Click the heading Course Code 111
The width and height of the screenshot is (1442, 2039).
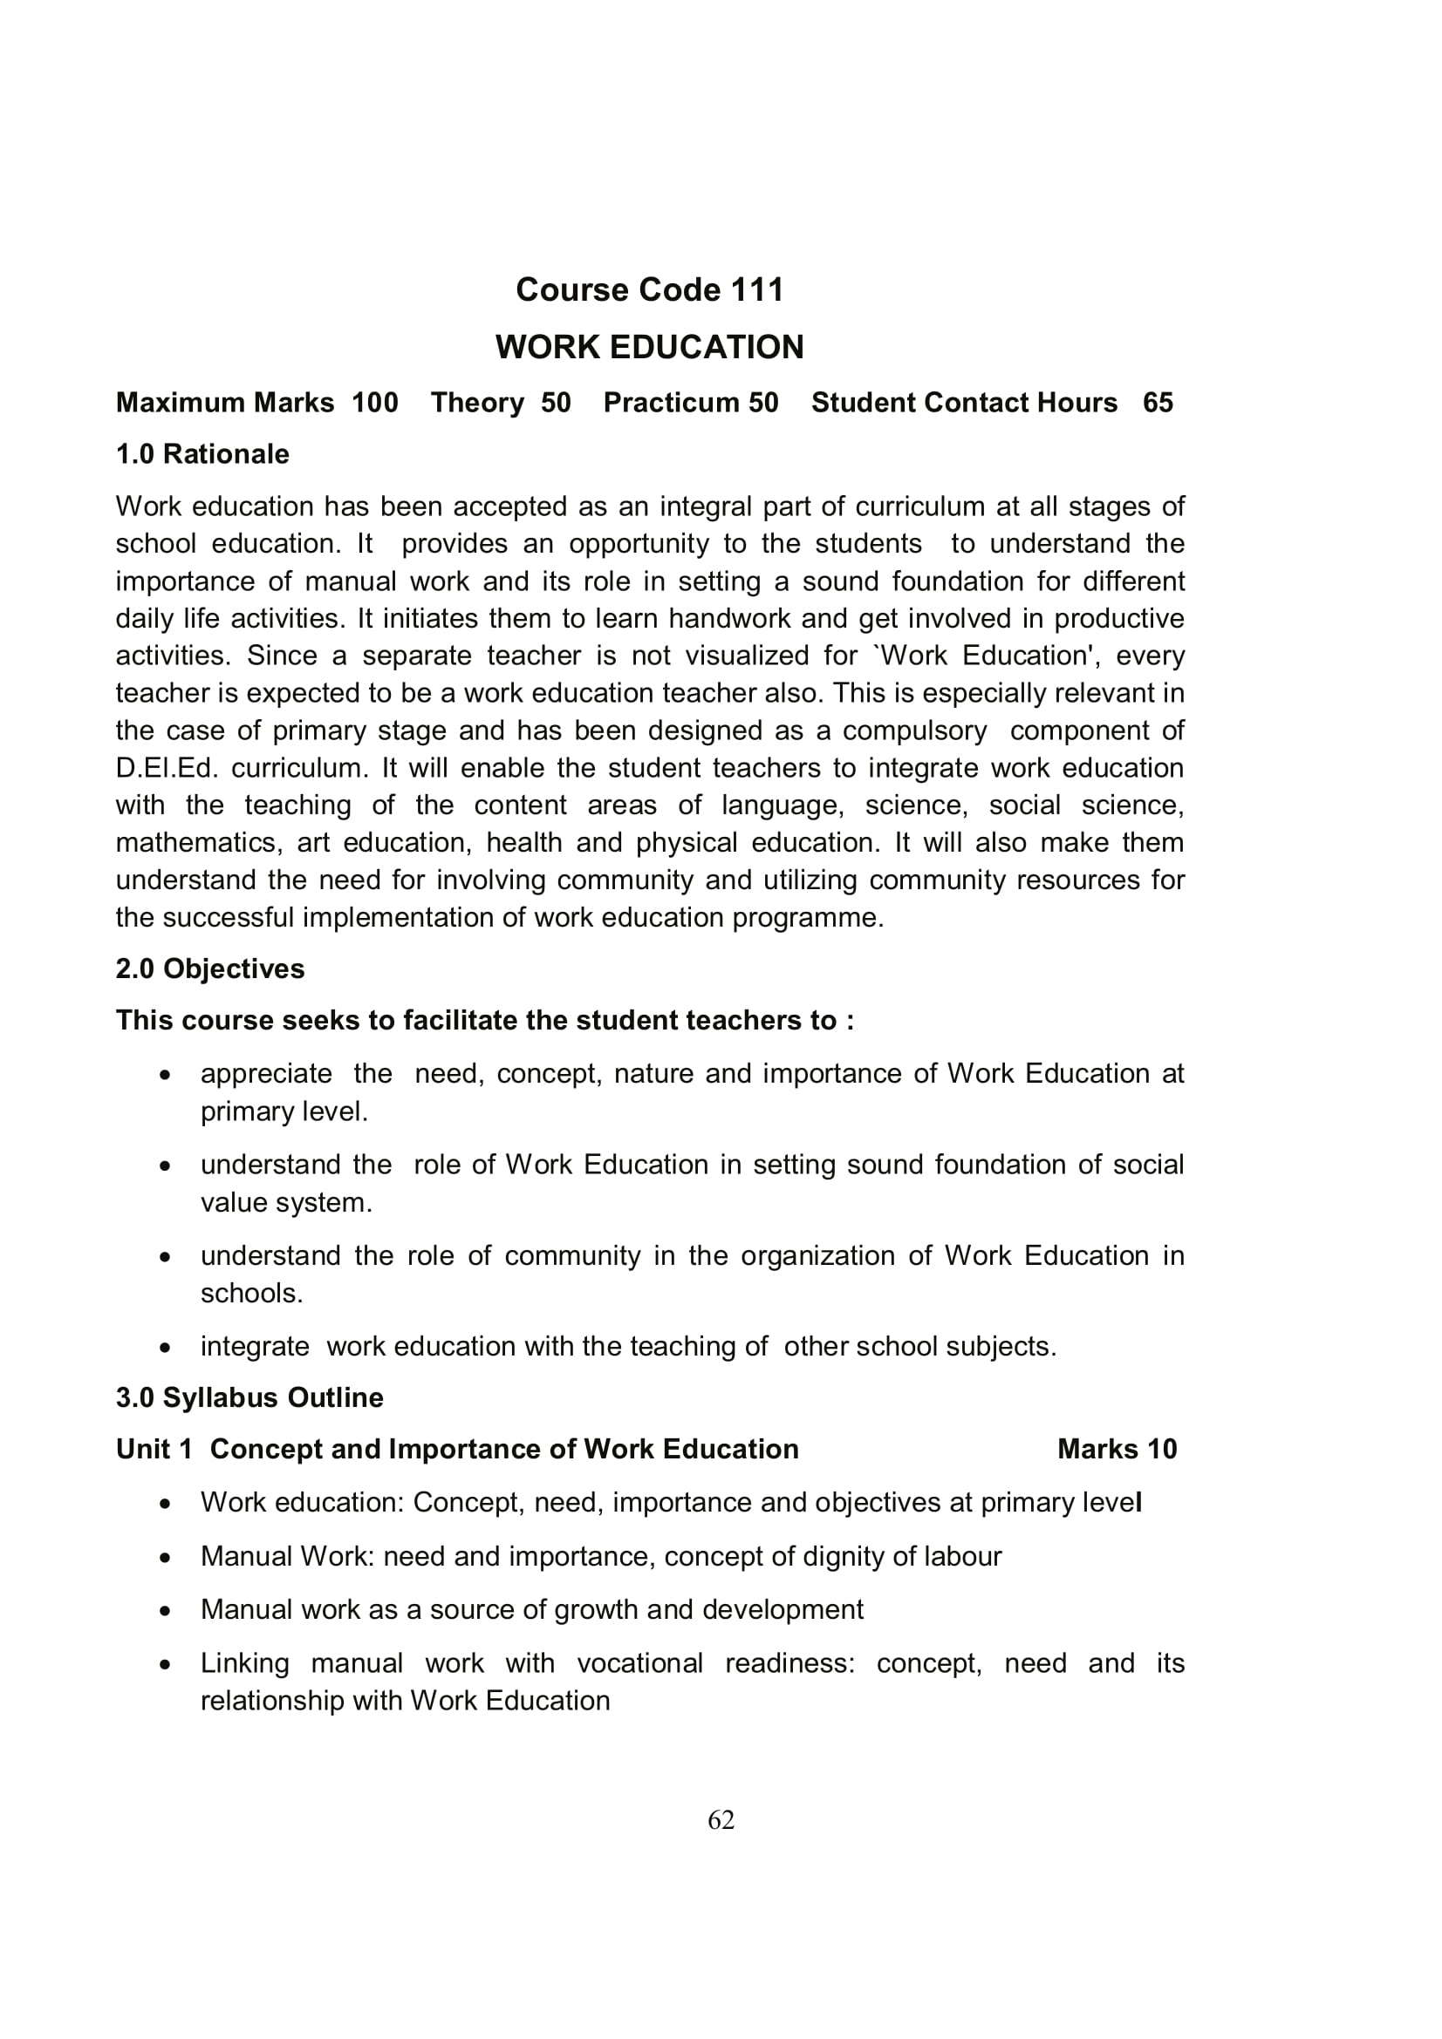[x=650, y=290]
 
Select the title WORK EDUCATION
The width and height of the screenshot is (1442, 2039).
[x=650, y=347]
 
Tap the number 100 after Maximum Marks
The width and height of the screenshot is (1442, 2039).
[x=375, y=404]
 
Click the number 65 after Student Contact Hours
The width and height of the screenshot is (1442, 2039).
[x=1158, y=404]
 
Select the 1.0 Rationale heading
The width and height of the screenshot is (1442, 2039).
[x=202, y=455]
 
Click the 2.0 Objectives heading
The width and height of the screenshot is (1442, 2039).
[x=209, y=969]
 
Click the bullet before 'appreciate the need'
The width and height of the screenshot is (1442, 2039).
[x=164, y=1076]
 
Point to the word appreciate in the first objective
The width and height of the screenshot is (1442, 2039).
[x=266, y=1075]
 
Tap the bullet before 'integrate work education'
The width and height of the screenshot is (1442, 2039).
[x=164, y=1348]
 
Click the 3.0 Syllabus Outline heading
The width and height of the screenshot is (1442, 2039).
[x=249, y=1397]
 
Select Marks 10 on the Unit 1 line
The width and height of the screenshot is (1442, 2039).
[x=1117, y=1450]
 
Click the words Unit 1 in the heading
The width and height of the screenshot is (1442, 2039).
[x=154, y=1450]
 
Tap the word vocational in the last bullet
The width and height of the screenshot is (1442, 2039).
[x=639, y=1663]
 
